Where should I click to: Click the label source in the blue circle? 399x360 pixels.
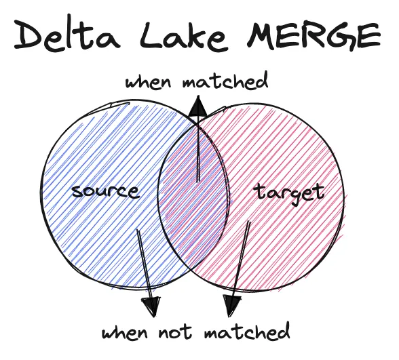pos(105,191)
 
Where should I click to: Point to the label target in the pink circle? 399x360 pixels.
pos(290,193)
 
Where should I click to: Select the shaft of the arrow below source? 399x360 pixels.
pos(144,261)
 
